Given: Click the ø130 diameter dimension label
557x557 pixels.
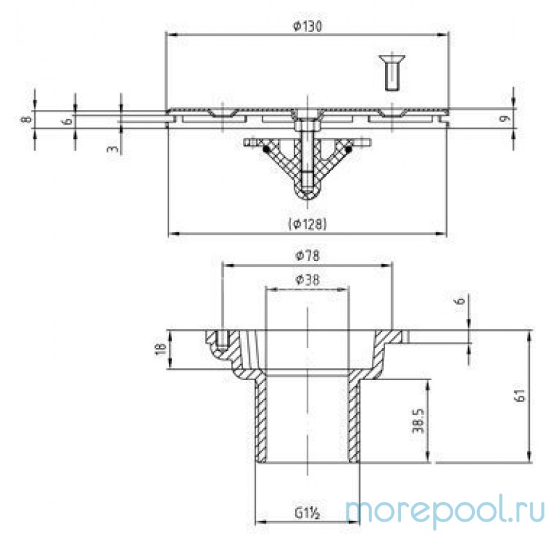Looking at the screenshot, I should [x=306, y=26].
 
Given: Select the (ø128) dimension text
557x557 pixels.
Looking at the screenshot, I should [x=306, y=223].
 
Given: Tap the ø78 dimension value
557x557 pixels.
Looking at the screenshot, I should [x=306, y=256].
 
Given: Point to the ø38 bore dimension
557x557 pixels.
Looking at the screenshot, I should [x=306, y=279].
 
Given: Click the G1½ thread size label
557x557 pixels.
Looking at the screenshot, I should [x=306, y=514].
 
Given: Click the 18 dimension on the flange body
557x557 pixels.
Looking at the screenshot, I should [x=159, y=348].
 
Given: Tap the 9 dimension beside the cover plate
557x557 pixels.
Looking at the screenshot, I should [x=507, y=118].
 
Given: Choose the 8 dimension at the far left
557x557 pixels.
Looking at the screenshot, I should [x=26, y=120].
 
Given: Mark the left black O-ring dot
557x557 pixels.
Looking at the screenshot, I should [x=265, y=148].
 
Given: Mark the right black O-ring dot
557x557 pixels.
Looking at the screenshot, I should [x=348, y=148].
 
